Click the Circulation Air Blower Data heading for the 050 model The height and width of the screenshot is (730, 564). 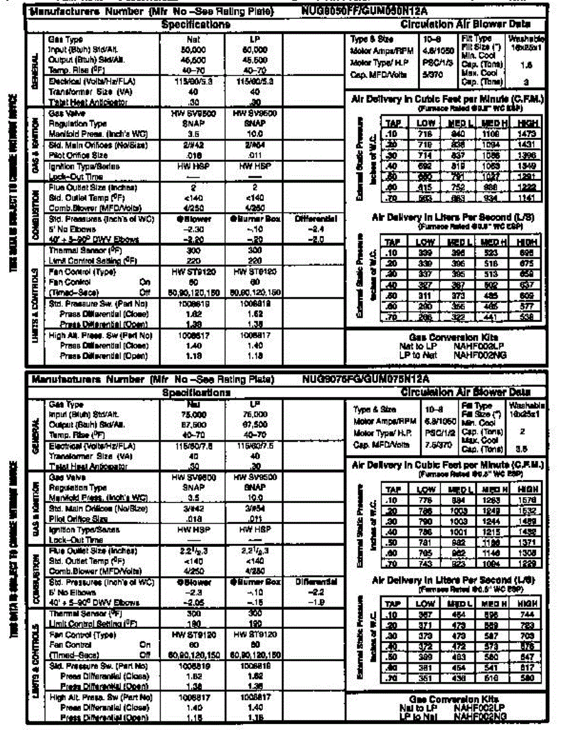click(465, 24)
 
